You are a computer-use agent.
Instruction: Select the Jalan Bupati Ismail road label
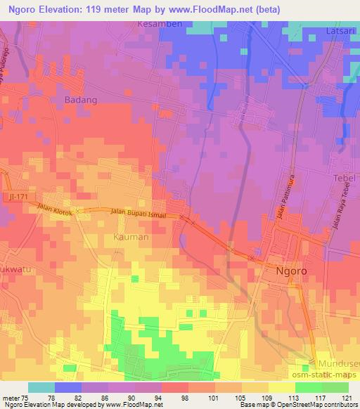pos(137,213)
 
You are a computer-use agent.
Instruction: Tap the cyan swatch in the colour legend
pos(41,387)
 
